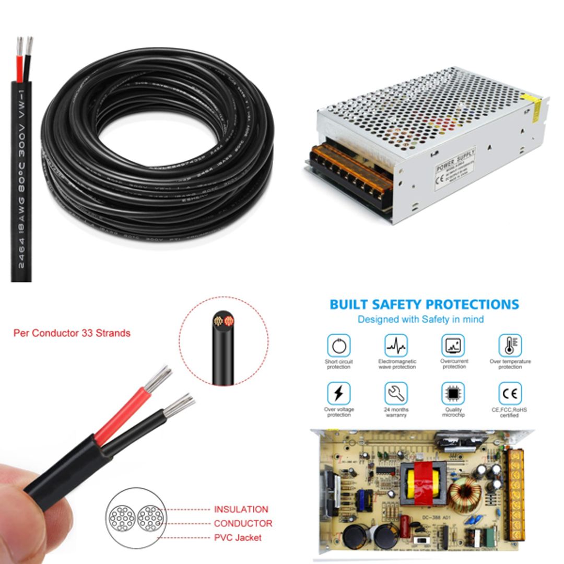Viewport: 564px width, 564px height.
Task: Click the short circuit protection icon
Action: click(338, 345)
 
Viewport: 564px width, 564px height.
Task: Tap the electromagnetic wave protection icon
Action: click(396, 345)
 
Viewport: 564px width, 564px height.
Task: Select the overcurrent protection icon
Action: click(453, 345)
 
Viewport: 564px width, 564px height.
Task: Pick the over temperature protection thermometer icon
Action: click(510, 345)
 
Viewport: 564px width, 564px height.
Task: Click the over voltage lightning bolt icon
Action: click(338, 393)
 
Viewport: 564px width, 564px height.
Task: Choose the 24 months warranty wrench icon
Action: click(396, 393)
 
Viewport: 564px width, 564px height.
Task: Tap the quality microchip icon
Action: click(453, 393)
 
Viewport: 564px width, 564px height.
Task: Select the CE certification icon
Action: click(510, 393)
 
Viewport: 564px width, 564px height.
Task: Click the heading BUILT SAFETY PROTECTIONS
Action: click(424, 304)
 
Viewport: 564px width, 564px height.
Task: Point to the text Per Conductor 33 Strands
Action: click(72, 333)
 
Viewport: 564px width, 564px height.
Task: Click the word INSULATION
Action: click(241, 509)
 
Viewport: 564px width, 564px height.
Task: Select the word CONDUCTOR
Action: click(243, 523)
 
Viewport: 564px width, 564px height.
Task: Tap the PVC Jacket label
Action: click(238, 537)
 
